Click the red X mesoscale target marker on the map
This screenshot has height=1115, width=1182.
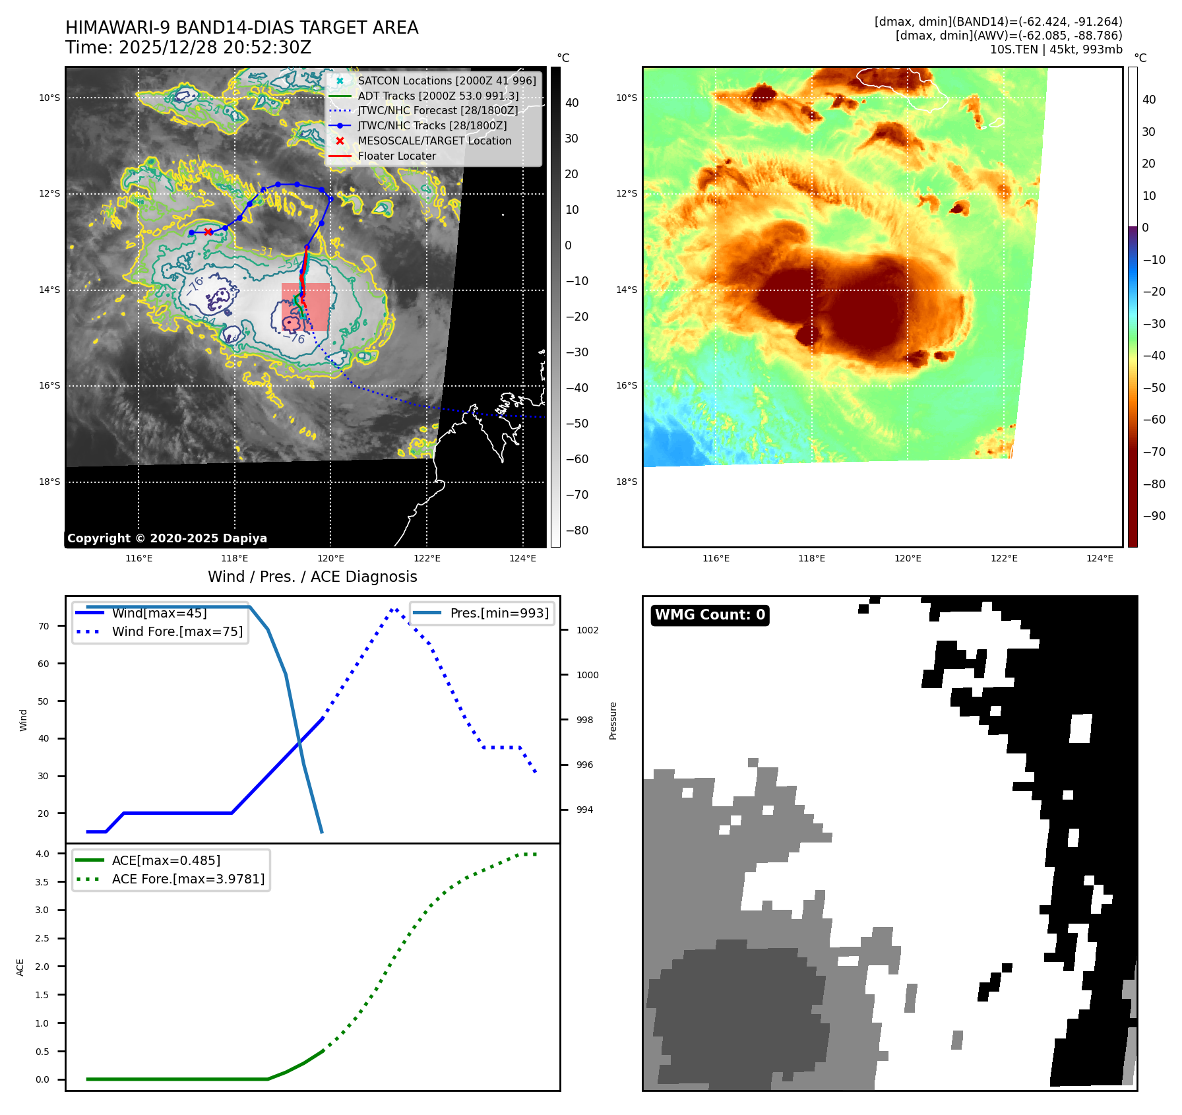pos(208,232)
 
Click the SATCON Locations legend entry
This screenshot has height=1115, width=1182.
pos(447,80)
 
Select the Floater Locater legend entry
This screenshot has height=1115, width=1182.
pos(396,156)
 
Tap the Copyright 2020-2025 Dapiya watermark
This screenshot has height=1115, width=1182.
pos(167,538)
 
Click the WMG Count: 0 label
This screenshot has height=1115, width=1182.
pos(710,615)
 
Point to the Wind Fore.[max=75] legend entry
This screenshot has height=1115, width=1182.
pos(177,631)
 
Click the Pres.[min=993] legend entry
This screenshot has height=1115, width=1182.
pos(499,613)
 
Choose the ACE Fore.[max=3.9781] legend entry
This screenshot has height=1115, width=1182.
pos(188,879)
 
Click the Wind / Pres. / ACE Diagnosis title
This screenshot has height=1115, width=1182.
pos(313,577)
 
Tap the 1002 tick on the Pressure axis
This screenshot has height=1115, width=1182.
pos(587,630)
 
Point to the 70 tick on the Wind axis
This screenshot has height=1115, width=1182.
pos(44,626)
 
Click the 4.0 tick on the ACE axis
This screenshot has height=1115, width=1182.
pos(42,854)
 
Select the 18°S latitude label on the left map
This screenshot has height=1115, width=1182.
pos(49,482)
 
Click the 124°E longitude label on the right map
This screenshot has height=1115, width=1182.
pos(1100,558)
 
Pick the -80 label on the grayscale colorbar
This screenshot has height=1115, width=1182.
pos(576,530)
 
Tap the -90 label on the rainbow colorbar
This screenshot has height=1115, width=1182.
pos(1154,516)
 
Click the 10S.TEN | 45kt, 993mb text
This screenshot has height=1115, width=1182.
pos(1055,49)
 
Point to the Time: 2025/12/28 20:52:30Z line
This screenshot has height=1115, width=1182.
pos(188,48)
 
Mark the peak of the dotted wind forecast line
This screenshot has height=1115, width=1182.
pos(394,609)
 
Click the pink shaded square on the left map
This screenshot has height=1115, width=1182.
pos(305,307)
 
